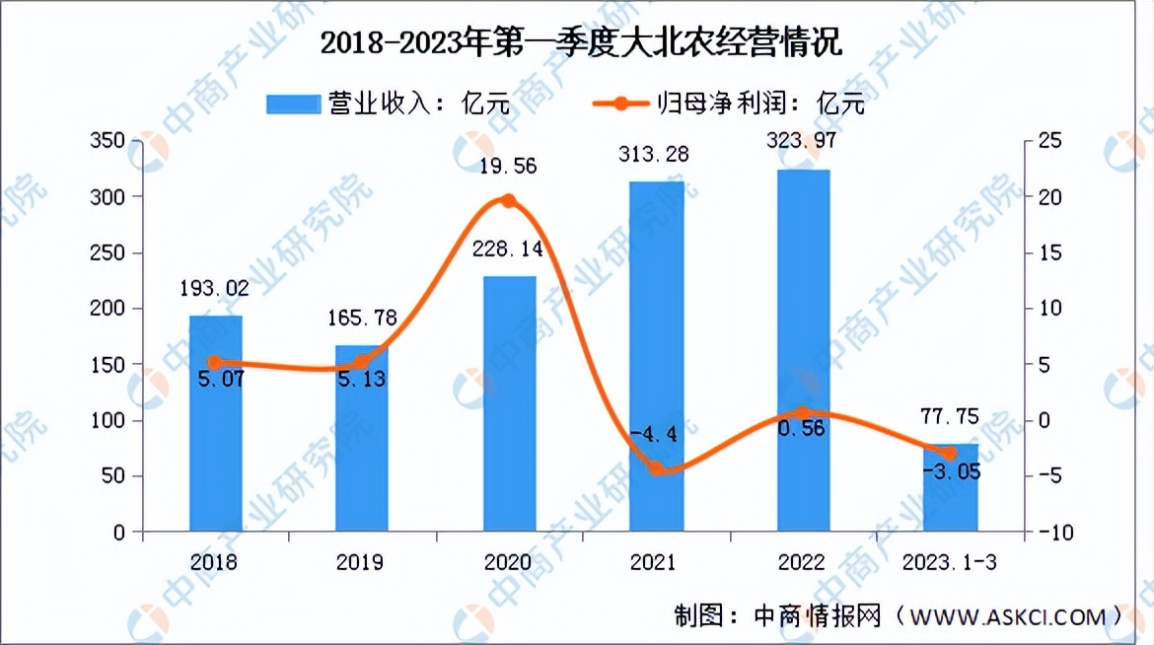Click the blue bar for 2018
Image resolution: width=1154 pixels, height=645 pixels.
[x=216, y=424]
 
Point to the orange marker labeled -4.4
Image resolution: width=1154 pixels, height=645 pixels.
[x=657, y=469]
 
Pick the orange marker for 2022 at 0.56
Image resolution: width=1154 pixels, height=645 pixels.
[x=803, y=413]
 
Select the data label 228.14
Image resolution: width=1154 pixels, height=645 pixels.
[x=507, y=251]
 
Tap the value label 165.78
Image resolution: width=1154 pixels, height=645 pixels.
[x=361, y=320]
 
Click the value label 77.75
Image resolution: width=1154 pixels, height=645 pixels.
[x=951, y=418]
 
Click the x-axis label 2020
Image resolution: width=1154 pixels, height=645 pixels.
[x=509, y=562]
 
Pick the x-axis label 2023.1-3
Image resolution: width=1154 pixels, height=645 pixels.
[x=951, y=562]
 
